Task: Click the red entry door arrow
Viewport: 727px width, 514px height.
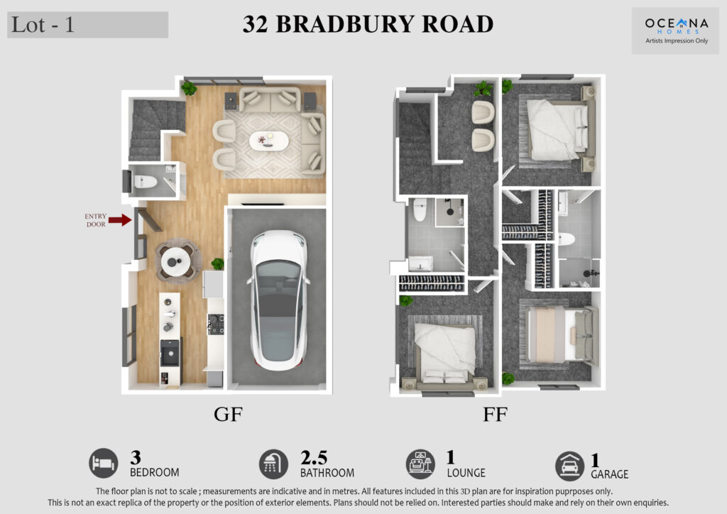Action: tap(120, 219)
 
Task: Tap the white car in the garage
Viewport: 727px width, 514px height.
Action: tap(278, 300)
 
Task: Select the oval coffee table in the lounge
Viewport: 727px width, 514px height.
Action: tap(269, 141)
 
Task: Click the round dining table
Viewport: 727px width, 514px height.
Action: tap(176, 262)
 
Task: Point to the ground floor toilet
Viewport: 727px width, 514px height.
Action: tap(145, 182)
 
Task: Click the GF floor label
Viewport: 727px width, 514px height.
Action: tap(228, 414)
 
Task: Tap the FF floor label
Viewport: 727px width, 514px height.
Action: tap(495, 415)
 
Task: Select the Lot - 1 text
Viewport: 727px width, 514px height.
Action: tap(43, 25)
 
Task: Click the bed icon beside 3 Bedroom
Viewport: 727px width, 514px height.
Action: tap(104, 463)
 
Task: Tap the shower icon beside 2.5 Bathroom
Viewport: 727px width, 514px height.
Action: tap(273, 464)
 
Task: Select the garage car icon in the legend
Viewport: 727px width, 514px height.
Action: tap(569, 466)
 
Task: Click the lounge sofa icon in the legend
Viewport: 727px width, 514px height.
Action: tap(420, 464)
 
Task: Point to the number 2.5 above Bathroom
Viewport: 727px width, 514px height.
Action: tap(314, 457)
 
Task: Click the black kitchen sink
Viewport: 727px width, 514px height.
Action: tap(170, 353)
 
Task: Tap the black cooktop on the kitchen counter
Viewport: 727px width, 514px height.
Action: tap(216, 324)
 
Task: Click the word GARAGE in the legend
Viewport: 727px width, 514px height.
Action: tap(610, 474)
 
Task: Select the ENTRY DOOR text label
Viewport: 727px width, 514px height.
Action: tap(96, 220)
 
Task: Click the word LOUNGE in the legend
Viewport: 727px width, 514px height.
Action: tap(466, 473)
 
